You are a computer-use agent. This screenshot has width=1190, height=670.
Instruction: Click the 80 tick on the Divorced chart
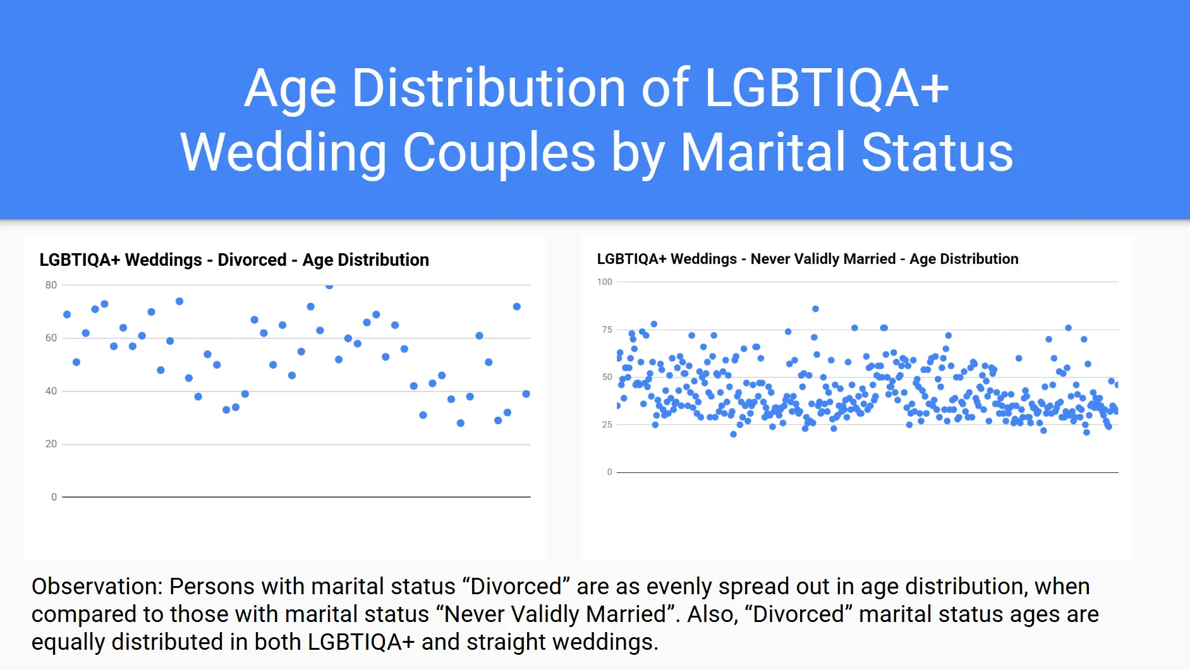(51, 285)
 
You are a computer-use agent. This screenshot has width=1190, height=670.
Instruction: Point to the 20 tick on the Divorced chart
(51, 444)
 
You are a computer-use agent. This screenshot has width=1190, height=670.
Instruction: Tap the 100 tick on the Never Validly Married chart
(605, 282)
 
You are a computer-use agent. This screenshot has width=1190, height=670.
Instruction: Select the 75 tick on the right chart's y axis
(607, 330)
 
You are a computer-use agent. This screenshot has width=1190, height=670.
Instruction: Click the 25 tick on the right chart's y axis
(607, 424)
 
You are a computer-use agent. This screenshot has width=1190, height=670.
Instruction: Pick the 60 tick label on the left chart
(51, 338)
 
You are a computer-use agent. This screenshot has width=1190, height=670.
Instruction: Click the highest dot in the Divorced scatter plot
(329, 285)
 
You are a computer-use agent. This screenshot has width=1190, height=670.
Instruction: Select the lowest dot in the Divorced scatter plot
(461, 423)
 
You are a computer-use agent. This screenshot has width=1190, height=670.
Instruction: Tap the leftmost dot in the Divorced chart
(67, 314)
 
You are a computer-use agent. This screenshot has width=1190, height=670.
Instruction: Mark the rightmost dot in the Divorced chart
(526, 394)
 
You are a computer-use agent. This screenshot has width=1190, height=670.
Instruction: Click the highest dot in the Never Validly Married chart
(816, 309)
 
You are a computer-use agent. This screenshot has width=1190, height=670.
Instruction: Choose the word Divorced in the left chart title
(252, 260)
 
